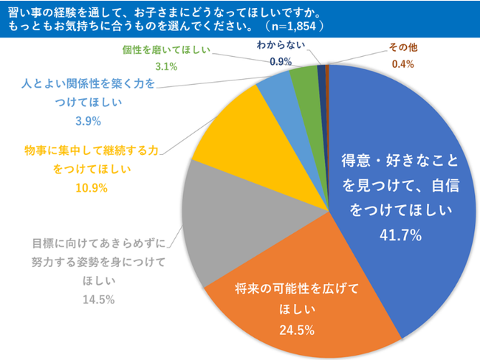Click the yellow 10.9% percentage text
coord(92,187)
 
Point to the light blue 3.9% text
coord(88,121)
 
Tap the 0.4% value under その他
coord(403,64)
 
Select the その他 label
coord(403,48)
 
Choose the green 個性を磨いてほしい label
coord(167,50)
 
